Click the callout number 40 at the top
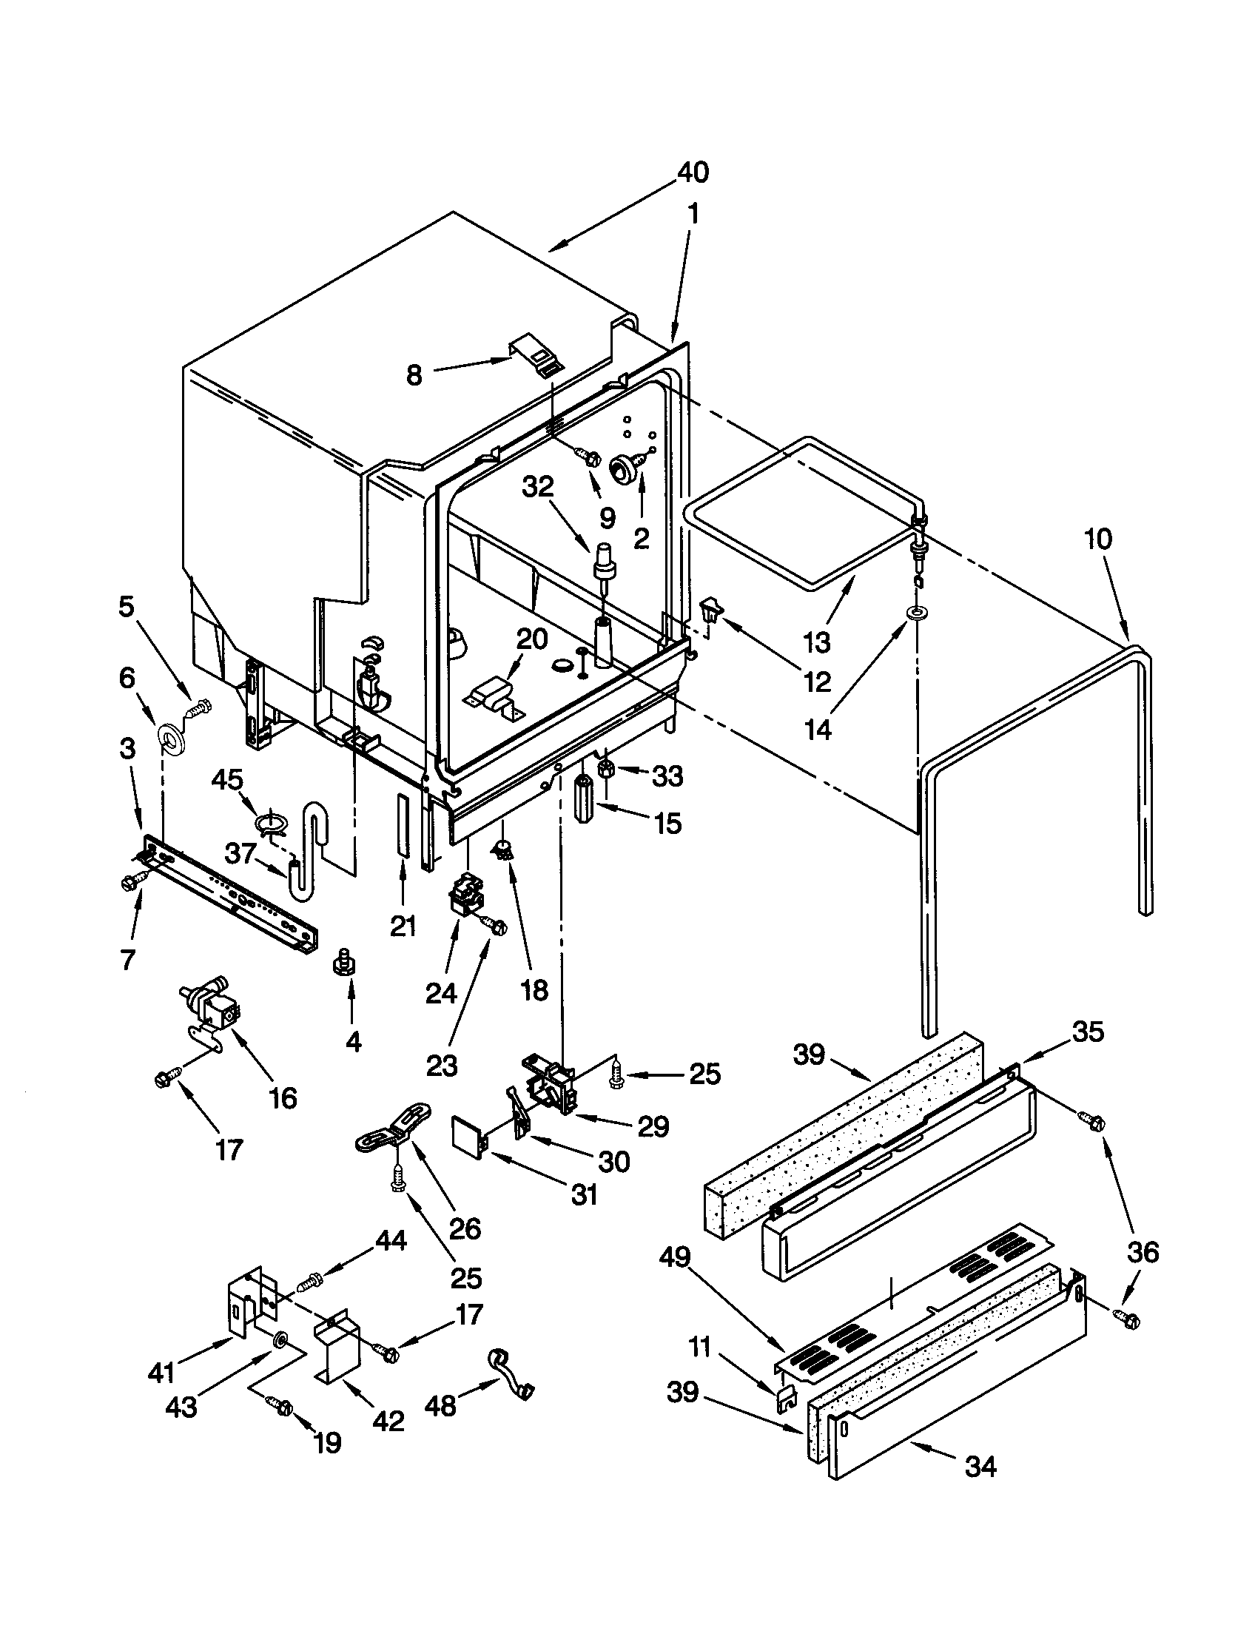tap(693, 173)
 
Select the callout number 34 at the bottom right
tap(980, 1466)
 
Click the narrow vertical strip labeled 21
tap(403, 824)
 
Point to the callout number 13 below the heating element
tap(817, 642)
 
